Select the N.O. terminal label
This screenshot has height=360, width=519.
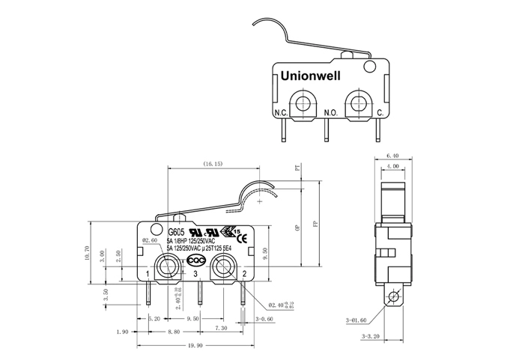pyautogui.click(x=331, y=113)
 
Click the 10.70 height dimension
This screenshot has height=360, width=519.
pyautogui.click(x=88, y=254)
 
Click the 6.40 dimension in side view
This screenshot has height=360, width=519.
pyautogui.click(x=392, y=155)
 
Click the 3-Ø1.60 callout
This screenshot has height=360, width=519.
pyautogui.click(x=356, y=320)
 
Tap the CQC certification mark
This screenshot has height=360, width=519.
pyautogui.click(x=195, y=260)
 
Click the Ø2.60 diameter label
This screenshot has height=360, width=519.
pyautogui.click(x=150, y=241)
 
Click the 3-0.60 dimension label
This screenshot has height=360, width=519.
pyautogui.click(x=264, y=318)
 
